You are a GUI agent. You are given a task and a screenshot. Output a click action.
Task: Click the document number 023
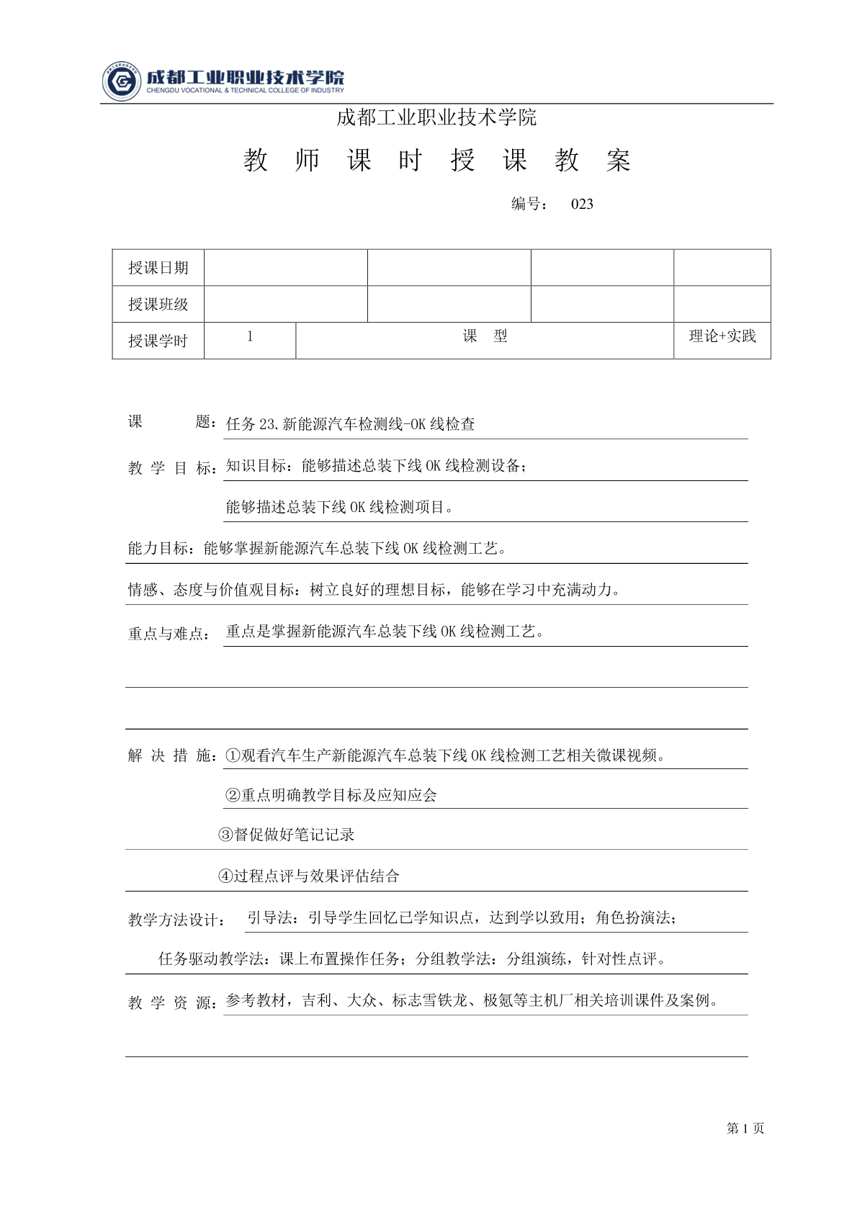(582, 204)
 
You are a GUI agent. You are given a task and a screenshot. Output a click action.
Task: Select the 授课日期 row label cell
(158, 268)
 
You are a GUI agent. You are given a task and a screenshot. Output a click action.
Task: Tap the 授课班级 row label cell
(158, 305)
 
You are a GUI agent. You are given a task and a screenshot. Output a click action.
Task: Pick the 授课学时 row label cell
(158, 341)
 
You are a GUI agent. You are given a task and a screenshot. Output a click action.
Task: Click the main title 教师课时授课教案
(437, 161)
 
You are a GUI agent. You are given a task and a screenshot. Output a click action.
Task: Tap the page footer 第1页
(745, 1128)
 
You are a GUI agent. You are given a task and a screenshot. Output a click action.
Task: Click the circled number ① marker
(233, 756)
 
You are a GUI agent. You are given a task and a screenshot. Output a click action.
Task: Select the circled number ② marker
(233, 796)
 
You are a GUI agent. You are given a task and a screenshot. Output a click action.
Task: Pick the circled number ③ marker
(225, 835)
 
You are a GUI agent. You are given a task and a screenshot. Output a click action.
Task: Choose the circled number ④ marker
(225, 876)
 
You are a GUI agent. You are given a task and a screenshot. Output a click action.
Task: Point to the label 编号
(529, 204)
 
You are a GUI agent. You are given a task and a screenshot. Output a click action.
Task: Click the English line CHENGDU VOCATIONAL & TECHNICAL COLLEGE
(245, 91)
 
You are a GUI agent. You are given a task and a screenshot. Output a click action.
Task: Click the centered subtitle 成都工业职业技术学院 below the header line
(436, 117)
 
